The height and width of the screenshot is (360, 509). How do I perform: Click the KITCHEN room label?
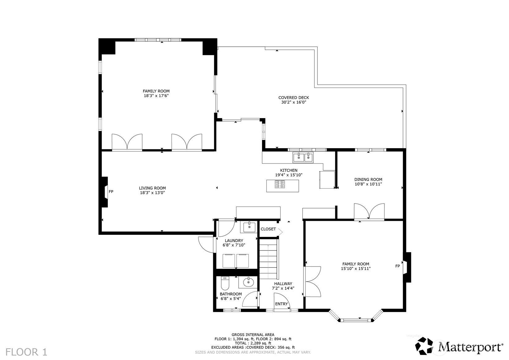pyautogui.click(x=289, y=170)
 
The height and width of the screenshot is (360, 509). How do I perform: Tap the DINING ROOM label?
pyautogui.click(x=368, y=179)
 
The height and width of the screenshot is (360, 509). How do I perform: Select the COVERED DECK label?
pyautogui.click(x=294, y=97)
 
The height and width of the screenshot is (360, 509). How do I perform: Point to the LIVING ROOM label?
pyautogui.click(x=152, y=188)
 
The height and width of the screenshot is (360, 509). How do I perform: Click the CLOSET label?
pyautogui.click(x=268, y=229)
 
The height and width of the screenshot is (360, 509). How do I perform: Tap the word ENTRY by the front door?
pyautogui.click(x=281, y=304)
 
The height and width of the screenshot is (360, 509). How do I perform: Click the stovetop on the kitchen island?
pyautogui.click(x=280, y=184)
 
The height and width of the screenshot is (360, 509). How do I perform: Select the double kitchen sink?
pyautogui.click(x=303, y=157)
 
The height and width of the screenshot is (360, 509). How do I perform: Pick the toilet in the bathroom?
pyautogui.click(x=225, y=283)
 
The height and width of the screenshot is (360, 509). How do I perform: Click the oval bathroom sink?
pyautogui.click(x=248, y=282)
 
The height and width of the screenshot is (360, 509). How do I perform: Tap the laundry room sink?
pyautogui.click(x=249, y=226)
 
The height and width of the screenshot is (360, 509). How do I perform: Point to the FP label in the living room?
pyautogui.click(x=111, y=192)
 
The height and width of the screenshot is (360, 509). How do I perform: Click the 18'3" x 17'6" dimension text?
pyautogui.click(x=156, y=96)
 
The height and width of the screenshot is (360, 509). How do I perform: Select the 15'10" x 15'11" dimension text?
pyautogui.click(x=356, y=268)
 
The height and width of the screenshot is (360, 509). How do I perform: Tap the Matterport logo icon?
pyautogui.click(x=424, y=346)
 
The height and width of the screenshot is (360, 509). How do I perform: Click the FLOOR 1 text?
pyautogui.click(x=26, y=352)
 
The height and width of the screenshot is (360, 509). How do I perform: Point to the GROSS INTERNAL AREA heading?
pyautogui.click(x=253, y=335)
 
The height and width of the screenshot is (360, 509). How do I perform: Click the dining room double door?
pyautogui.click(x=369, y=212)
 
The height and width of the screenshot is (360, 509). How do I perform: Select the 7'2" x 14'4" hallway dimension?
pyautogui.click(x=283, y=288)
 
